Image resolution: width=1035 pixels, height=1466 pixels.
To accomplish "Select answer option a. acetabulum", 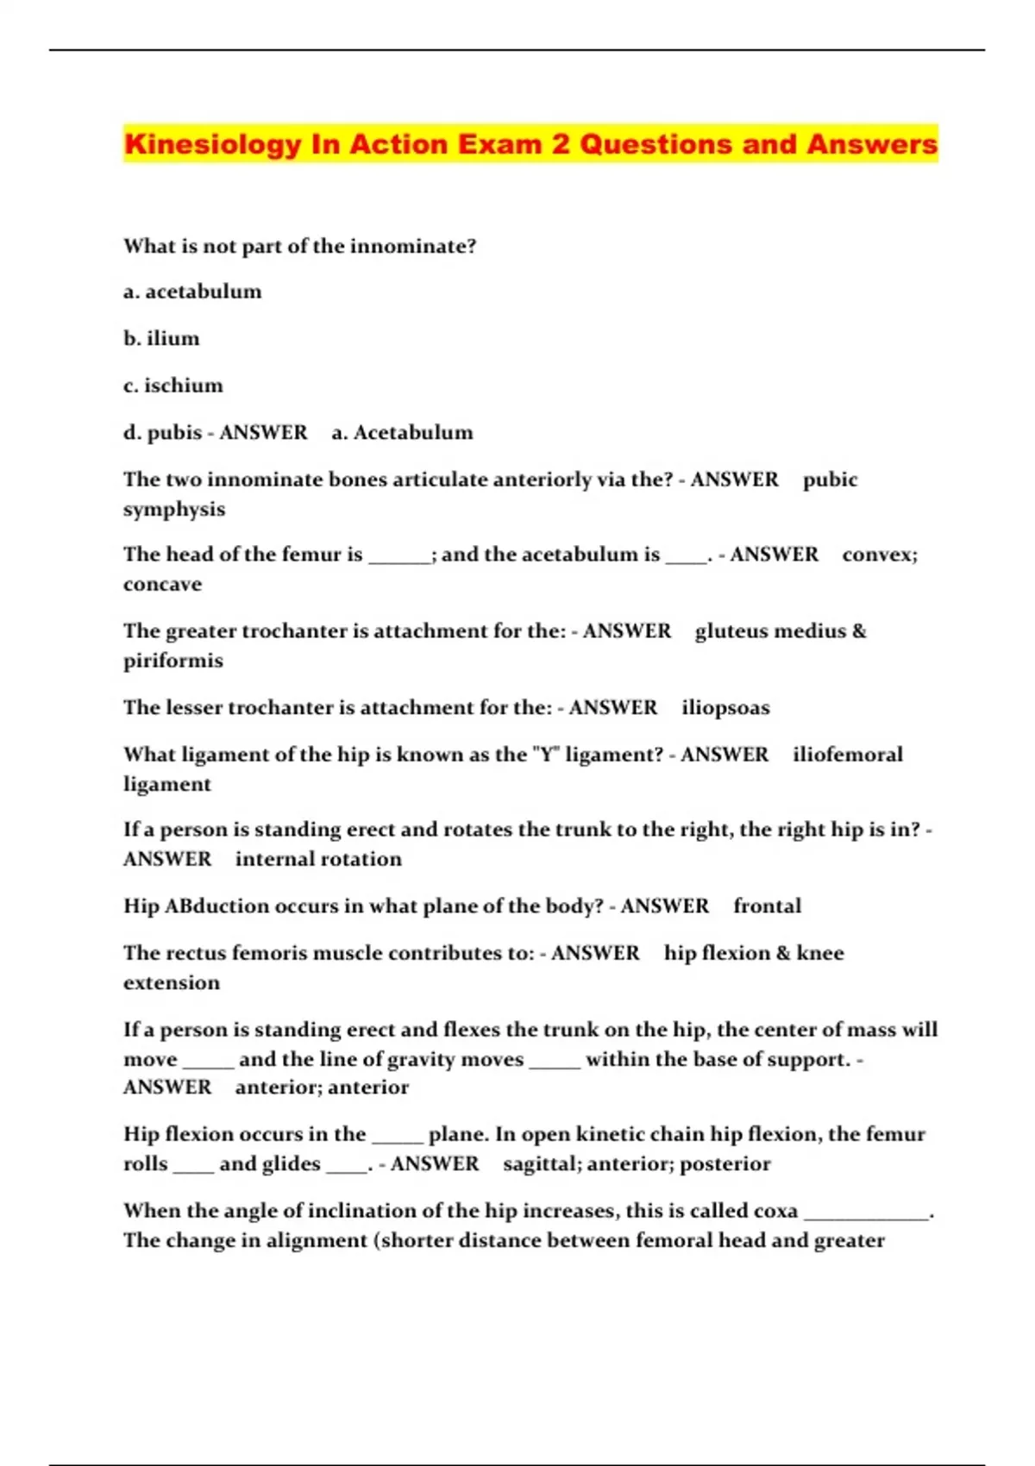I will (192, 291).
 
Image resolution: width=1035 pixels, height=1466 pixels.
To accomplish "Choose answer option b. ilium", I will (161, 338).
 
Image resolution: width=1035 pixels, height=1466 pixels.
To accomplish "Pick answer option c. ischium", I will (173, 385).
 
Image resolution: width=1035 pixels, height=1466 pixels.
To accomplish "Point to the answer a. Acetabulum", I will (403, 432).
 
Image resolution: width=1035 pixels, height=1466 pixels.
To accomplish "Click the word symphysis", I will (174, 509).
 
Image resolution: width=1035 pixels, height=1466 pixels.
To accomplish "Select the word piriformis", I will (173, 661).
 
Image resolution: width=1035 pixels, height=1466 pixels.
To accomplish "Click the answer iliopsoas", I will (725, 707).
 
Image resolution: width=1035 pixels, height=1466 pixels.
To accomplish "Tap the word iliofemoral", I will (848, 755).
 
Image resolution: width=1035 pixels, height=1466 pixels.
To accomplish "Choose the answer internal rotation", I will (318, 859).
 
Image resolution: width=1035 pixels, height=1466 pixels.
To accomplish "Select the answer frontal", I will (767, 905).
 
